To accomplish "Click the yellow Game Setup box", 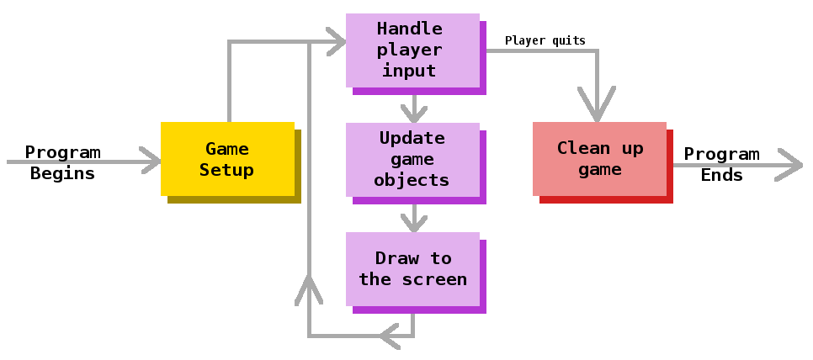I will [227, 159].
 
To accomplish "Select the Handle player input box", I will [412, 50].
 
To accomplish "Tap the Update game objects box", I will [412, 160].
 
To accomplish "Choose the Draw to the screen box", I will [412, 269].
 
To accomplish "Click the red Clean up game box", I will [599, 159].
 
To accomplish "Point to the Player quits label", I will [545, 40].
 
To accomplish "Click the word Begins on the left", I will [62, 174].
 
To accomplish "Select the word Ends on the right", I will [721, 175].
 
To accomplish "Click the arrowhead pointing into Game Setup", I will [151, 160].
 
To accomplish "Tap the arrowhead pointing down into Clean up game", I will [598, 109].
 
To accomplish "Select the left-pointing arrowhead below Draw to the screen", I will [389, 336].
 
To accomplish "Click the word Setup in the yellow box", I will [227, 170].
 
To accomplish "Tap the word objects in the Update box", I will [412, 180].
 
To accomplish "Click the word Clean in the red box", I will [583, 148].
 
